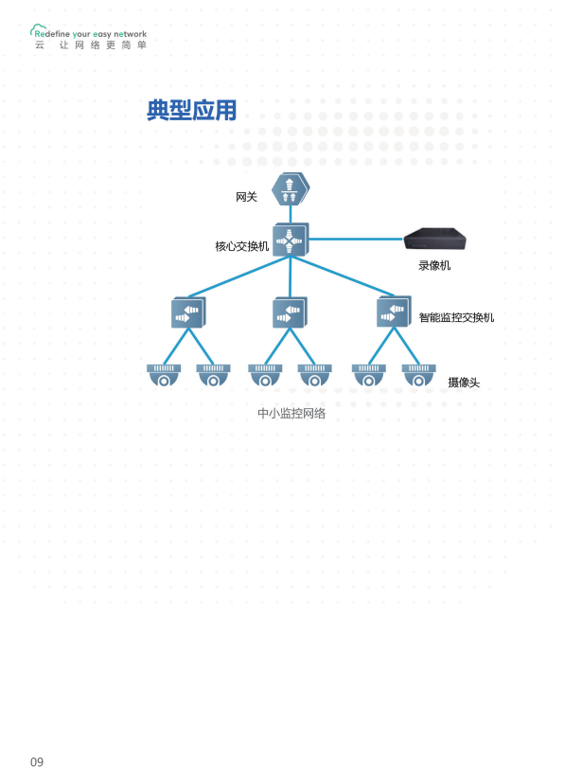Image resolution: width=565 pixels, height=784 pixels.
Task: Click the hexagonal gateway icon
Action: tap(291, 188)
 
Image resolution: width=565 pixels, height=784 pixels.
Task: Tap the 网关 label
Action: tap(246, 197)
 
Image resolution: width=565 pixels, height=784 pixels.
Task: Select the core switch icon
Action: tap(291, 240)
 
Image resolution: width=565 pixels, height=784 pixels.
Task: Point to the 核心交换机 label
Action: tap(241, 246)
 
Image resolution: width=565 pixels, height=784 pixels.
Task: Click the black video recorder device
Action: tap(434, 238)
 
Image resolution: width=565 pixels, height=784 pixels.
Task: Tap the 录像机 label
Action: tap(434, 265)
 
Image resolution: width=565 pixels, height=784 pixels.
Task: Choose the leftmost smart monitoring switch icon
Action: tap(188, 312)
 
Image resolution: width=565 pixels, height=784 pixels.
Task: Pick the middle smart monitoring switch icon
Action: tap(290, 312)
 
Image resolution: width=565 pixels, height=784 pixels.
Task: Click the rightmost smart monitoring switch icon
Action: tap(394, 312)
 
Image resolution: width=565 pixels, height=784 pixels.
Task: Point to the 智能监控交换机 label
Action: tap(456, 317)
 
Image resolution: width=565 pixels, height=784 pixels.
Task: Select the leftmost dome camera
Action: tap(164, 375)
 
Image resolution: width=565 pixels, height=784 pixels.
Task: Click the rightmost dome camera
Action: tap(418, 375)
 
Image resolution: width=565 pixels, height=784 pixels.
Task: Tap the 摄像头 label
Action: tap(464, 383)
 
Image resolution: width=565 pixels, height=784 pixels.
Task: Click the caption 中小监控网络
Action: tap(291, 413)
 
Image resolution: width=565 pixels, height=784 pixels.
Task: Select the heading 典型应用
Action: tap(191, 110)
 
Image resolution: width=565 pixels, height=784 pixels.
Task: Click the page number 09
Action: tap(37, 762)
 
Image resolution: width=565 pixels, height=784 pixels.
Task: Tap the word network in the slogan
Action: tap(131, 34)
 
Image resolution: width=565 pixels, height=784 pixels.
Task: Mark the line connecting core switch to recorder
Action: tap(356, 239)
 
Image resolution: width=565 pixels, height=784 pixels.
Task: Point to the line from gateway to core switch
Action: tap(291, 214)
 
